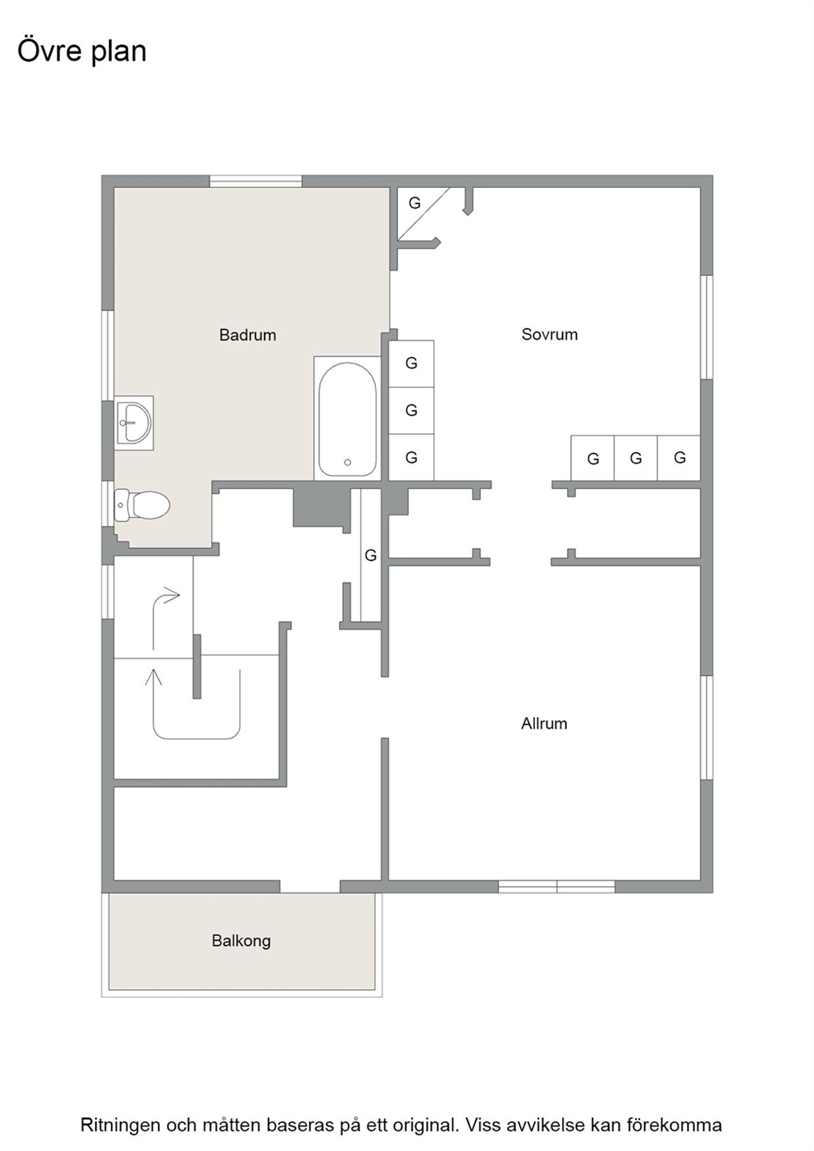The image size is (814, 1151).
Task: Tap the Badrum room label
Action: (x=248, y=335)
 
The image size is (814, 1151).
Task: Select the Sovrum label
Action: (x=549, y=335)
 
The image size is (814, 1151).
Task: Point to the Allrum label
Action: (x=544, y=724)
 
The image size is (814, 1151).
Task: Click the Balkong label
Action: (x=241, y=941)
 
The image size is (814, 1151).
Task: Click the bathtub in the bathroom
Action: (x=347, y=418)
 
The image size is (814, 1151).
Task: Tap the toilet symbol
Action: (x=142, y=505)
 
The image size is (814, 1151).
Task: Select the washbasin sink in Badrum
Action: (x=134, y=422)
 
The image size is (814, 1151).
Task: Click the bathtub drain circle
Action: (x=347, y=463)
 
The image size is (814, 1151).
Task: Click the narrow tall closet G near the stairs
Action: (x=371, y=555)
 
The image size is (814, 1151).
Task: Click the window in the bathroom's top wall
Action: (x=255, y=181)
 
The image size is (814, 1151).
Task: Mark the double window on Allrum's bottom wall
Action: (x=556, y=886)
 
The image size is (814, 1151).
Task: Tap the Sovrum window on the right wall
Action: (x=707, y=327)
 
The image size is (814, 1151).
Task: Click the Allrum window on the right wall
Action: (x=707, y=727)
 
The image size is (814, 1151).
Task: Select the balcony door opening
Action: (x=310, y=886)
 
